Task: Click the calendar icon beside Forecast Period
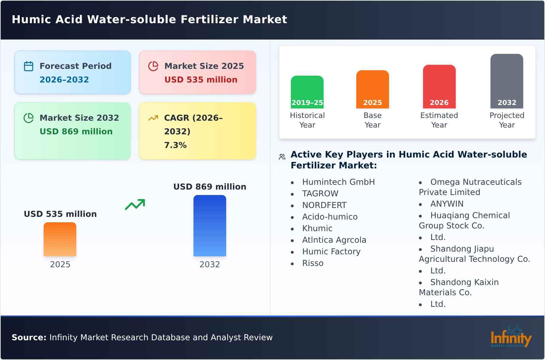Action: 29,66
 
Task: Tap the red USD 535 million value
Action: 201,80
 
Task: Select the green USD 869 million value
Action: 76,132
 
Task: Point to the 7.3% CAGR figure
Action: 175,145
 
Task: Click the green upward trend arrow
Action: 135,205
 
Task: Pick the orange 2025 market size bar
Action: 60,239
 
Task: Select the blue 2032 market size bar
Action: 209,226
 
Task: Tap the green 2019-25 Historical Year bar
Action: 307,92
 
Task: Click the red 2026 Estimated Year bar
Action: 439,87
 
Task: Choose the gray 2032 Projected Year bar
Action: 507,81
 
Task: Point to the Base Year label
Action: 372,120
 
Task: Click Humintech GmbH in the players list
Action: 338,182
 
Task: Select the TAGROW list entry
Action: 320,194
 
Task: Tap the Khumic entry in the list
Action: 317,228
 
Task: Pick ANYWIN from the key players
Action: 447,204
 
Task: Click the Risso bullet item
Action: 313,263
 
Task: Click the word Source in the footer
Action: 29,337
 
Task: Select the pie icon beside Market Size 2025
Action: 153,66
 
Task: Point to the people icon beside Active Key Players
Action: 282,157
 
